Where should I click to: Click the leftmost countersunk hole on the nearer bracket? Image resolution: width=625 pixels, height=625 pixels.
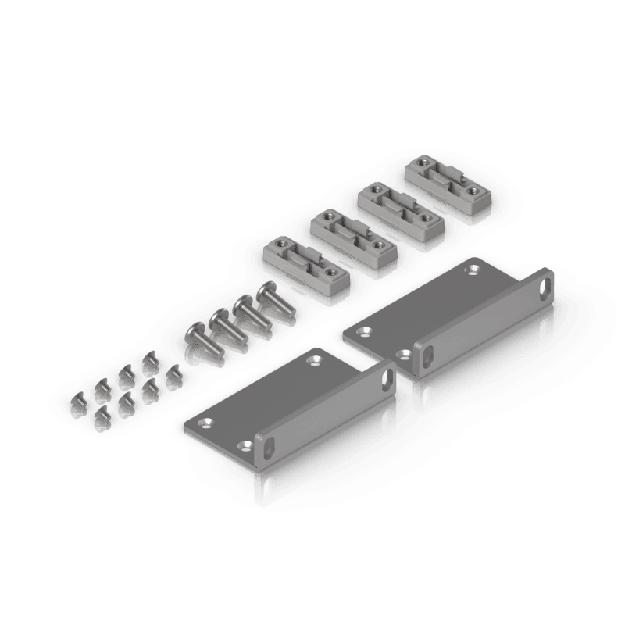pos(208,423)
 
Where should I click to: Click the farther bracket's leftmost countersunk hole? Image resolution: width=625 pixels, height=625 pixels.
pos(362,332)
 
